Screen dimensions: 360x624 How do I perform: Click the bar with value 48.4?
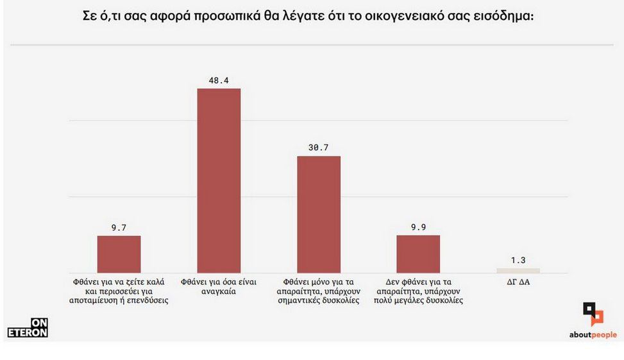[x=219, y=180]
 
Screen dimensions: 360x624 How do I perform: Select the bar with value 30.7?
[x=319, y=214]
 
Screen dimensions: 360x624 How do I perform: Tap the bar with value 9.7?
[x=119, y=254]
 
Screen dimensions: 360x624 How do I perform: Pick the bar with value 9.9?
[x=418, y=254]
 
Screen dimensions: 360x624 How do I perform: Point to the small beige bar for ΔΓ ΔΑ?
[x=518, y=270]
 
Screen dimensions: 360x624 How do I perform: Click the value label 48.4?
[x=219, y=80]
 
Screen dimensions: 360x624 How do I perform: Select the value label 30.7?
[x=319, y=148]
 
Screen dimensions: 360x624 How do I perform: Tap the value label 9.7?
[x=119, y=227]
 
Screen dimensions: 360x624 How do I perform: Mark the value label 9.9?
[x=418, y=227]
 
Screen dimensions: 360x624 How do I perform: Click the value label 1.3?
[x=518, y=260]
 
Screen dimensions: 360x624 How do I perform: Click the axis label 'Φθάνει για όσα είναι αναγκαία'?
[x=218, y=286]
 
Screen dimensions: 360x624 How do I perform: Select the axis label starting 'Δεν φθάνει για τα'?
[x=418, y=291]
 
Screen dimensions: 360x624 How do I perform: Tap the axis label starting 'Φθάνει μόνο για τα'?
[x=319, y=291]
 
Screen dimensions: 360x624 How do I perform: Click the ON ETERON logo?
[x=28, y=328]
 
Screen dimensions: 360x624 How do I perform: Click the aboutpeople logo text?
[x=593, y=335]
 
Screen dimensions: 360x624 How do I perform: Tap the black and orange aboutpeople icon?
[x=593, y=314]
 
